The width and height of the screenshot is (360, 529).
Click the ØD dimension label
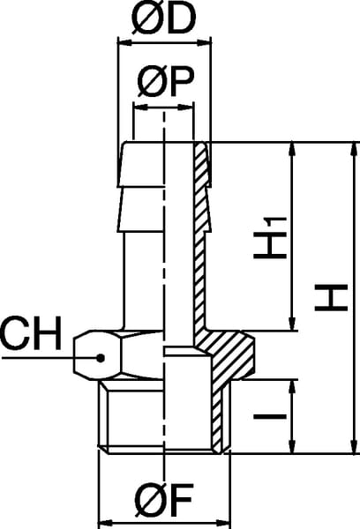(x=163, y=19)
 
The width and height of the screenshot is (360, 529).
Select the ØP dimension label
(x=166, y=82)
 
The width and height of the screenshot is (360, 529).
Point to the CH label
(x=31, y=332)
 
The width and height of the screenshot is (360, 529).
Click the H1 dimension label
(x=270, y=237)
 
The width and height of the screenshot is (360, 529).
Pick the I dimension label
(x=270, y=417)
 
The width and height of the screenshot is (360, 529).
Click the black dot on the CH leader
(x=100, y=358)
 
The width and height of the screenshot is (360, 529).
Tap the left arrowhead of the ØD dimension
(x=124, y=43)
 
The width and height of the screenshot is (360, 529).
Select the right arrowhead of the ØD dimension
(x=204, y=43)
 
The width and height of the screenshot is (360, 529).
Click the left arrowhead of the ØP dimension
(x=141, y=108)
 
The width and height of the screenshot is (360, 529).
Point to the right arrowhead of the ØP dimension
(x=187, y=108)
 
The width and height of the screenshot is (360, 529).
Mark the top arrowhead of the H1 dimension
(x=292, y=149)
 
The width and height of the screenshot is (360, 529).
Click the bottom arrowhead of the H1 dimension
(x=292, y=324)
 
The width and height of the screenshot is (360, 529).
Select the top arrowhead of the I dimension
(x=292, y=387)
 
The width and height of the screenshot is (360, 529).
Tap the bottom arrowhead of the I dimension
(x=292, y=446)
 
